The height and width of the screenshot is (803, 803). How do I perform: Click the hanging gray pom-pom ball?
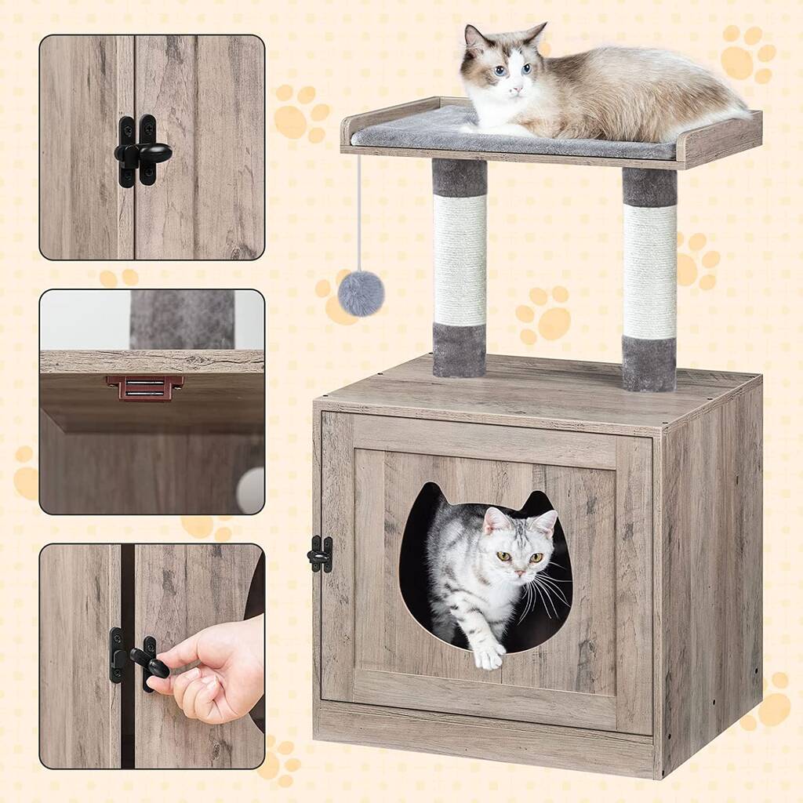click(x=361, y=293)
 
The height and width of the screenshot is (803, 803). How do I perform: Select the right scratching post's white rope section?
click(x=649, y=271)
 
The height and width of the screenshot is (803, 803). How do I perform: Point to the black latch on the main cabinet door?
click(x=321, y=554)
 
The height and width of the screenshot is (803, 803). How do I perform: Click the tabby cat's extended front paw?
click(x=489, y=655)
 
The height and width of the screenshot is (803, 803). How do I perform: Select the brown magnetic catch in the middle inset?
click(x=145, y=387)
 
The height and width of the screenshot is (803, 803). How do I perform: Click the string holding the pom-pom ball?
click(x=359, y=212)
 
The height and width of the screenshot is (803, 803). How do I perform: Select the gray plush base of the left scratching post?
click(x=459, y=351)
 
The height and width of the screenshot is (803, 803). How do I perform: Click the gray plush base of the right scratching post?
click(x=649, y=363)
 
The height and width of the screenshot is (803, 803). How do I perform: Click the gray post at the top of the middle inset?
click(x=182, y=318)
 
